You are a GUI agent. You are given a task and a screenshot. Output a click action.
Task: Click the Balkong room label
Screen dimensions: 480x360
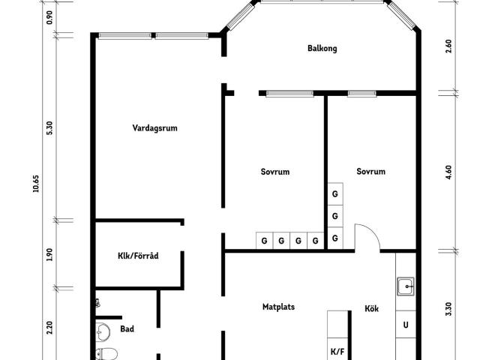(x=322, y=48)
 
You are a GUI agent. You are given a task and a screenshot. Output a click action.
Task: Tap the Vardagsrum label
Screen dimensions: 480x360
(x=154, y=128)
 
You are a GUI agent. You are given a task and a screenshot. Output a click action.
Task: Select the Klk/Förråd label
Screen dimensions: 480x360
(x=138, y=256)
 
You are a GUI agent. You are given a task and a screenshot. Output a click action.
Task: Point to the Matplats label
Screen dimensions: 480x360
(x=278, y=307)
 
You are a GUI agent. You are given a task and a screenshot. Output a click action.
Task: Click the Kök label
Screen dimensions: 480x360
(x=372, y=308)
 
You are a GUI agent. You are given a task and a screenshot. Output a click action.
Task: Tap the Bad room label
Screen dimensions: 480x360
(x=127, y=328)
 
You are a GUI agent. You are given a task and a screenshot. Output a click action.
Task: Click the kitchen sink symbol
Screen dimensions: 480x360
(x=406, y=286)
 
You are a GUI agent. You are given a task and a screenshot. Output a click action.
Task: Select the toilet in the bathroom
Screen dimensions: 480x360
(x=106, y=354)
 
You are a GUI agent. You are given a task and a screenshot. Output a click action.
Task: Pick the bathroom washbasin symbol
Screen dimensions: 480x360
(x=103, y=331)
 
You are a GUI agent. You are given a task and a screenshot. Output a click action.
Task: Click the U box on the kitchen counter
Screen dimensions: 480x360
(x=406, y=325)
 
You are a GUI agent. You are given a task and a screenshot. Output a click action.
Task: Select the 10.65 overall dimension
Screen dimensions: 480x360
(x=36, y=183)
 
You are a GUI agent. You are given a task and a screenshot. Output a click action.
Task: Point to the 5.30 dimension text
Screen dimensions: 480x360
(x=49, y=128)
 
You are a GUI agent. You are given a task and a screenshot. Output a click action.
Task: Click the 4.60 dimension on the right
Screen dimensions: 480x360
(x=448, y=172)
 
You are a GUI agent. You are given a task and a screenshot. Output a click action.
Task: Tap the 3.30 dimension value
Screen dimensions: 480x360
(x=448, y=309)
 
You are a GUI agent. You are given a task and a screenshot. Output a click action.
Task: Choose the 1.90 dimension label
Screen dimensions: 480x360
(x=49, y=254)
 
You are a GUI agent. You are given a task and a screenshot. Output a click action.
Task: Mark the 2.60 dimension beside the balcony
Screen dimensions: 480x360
(x=448, y=46)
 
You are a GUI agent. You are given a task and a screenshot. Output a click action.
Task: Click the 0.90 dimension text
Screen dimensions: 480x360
(x=49, y=17)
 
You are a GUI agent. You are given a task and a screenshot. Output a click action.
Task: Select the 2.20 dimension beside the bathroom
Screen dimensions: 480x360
(x=49, y=328)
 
